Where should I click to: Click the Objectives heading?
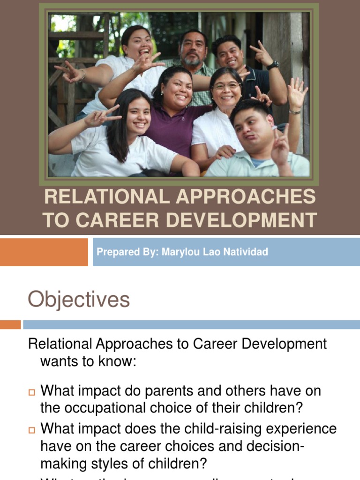tap(79, 299)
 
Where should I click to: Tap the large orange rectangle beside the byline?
tap(44, 252)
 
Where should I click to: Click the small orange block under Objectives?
tap(10, 324)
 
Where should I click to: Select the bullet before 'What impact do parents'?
tap(32, 391)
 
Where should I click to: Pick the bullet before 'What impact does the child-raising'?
tap(32, 429)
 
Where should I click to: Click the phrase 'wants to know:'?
tap(88, 361)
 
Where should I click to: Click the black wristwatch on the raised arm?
tap(272, 65)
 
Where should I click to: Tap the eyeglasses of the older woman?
tap(226, 87)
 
